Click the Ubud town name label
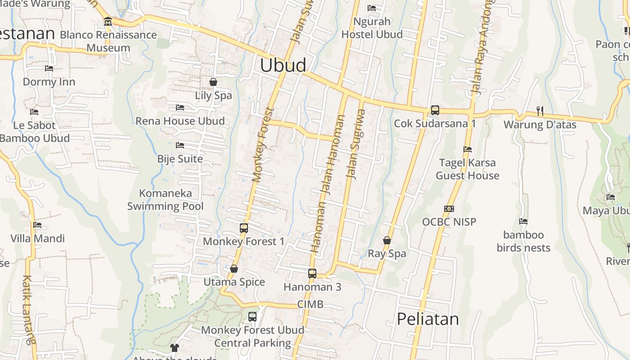pos(283,65)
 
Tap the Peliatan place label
pos(427,319)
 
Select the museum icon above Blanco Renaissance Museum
pos(108,22)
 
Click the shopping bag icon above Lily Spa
pos(213,82)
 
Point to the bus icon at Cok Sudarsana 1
pos(435,110)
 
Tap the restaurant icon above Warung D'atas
pos(540,111)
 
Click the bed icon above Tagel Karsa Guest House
pos(468,149)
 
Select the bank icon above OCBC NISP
pos(449,208)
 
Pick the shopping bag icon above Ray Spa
pos(387,240)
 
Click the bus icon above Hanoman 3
pos(312,273)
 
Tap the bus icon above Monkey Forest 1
pos(244,228)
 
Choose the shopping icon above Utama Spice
pos(234,269)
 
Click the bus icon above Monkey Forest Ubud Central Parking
pos(252,316)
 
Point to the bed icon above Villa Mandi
pos(37,225)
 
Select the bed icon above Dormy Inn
pos(49,68)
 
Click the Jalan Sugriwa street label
pos(355,144)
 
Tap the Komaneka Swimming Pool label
pos(165,200)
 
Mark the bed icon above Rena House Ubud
pos(180,108)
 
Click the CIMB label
pos(310,305)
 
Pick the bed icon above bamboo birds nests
pos(523,221)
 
